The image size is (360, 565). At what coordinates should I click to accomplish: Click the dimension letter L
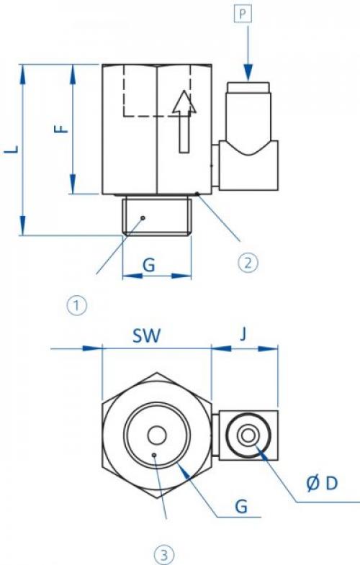click(12, 149)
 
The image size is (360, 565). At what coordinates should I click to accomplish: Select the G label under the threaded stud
click(149, 265)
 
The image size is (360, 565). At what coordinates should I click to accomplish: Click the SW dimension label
click(146, 335)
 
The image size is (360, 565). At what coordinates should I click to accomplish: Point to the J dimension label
click(243, 335)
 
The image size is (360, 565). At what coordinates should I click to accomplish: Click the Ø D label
click(322, 483)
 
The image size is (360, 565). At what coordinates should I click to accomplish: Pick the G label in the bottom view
click(241, 506)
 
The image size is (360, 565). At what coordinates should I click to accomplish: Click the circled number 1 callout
click(78, 306)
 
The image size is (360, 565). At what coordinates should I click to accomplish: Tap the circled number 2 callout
click(248, 263)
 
